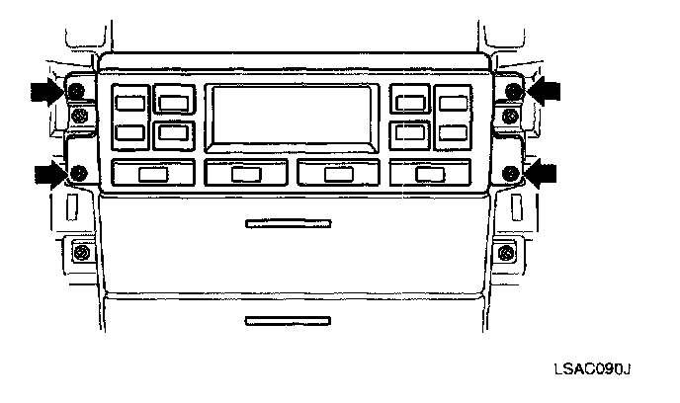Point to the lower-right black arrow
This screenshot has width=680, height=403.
coord(542,174)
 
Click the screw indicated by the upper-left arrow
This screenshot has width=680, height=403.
coord(75,93)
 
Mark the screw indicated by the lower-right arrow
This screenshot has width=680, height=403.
coord(510,175)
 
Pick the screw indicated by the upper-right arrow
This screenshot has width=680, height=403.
coord(512,92)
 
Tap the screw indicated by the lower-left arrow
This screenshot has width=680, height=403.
coord(78,176)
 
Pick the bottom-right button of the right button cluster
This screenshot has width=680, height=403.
coord(454,131)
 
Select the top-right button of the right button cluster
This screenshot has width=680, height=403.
coord(454,101)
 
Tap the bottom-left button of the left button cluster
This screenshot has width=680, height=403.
coord(129,132)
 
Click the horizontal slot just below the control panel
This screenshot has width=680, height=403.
coord(288,224)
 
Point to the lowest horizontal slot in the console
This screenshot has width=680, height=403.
coord(288,320)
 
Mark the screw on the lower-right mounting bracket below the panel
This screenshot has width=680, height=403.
coord(506,252)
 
